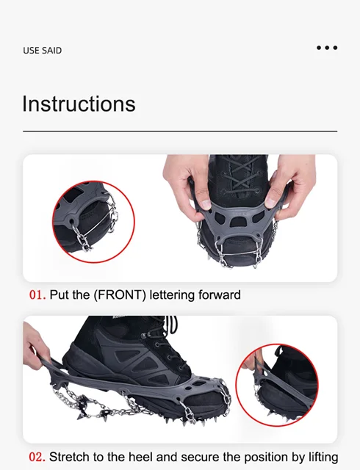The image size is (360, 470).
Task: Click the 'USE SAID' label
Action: coord(43,51)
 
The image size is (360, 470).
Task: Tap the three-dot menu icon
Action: coord(327,48)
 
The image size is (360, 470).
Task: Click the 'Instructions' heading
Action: coord(79,104)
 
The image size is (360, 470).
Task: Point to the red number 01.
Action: coord(37,295)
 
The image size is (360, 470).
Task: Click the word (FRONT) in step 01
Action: coord(120,295)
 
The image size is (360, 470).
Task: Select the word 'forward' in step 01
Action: coord(220,295)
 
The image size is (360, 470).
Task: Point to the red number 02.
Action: coord(37,458)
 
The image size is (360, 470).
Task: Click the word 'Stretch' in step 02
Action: coord(69,458)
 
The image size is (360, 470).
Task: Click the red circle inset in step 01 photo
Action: coord(93,222)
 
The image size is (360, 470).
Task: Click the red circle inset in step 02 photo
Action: coord(277,385)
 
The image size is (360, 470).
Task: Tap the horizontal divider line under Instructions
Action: coord(180,131)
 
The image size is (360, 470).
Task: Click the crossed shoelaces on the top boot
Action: coord(240,176)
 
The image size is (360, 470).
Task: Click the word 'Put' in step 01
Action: coord(57,295)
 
